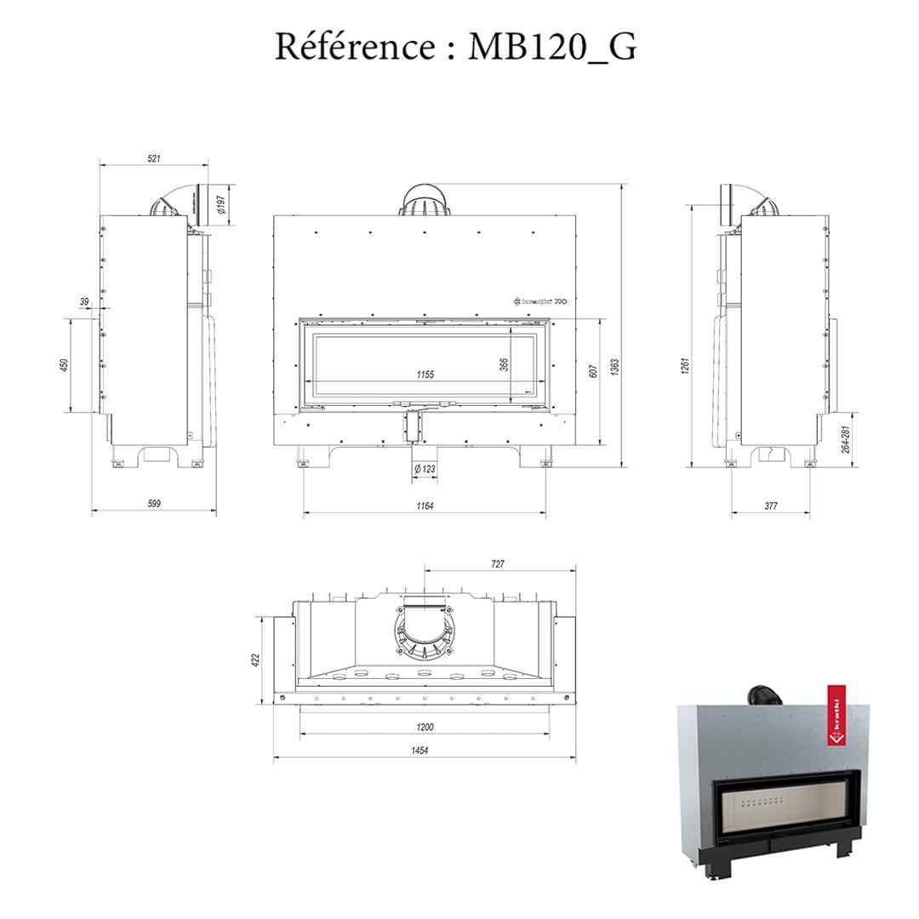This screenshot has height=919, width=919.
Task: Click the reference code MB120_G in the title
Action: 552,47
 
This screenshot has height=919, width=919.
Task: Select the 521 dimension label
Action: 154,158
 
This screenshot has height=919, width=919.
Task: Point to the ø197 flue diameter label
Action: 221,204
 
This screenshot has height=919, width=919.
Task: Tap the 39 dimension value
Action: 84,302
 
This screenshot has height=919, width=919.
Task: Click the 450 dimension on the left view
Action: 64,365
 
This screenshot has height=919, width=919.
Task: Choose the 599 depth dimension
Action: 154,504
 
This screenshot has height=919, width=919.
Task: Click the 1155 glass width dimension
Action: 425,374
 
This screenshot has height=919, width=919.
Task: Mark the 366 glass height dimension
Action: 504,363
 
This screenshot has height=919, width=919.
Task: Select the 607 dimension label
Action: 593,369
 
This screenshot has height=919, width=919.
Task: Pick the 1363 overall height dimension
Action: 614,367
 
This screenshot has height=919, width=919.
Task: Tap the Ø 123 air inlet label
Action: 425,469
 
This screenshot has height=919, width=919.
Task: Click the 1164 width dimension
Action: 425,506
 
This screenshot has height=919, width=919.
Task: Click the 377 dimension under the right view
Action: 770,506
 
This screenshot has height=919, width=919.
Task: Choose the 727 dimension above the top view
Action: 499,564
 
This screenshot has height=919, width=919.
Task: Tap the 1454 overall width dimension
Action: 419,751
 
